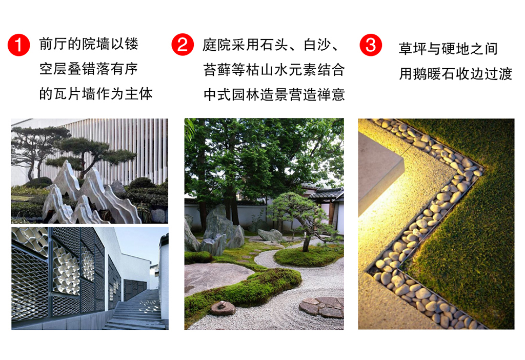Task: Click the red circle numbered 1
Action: (x=19, y=45)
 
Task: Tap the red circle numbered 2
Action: (x=183, y=45)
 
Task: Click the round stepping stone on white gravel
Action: (x=321, y=307)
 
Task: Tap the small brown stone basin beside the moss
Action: (x=223, y=307)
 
